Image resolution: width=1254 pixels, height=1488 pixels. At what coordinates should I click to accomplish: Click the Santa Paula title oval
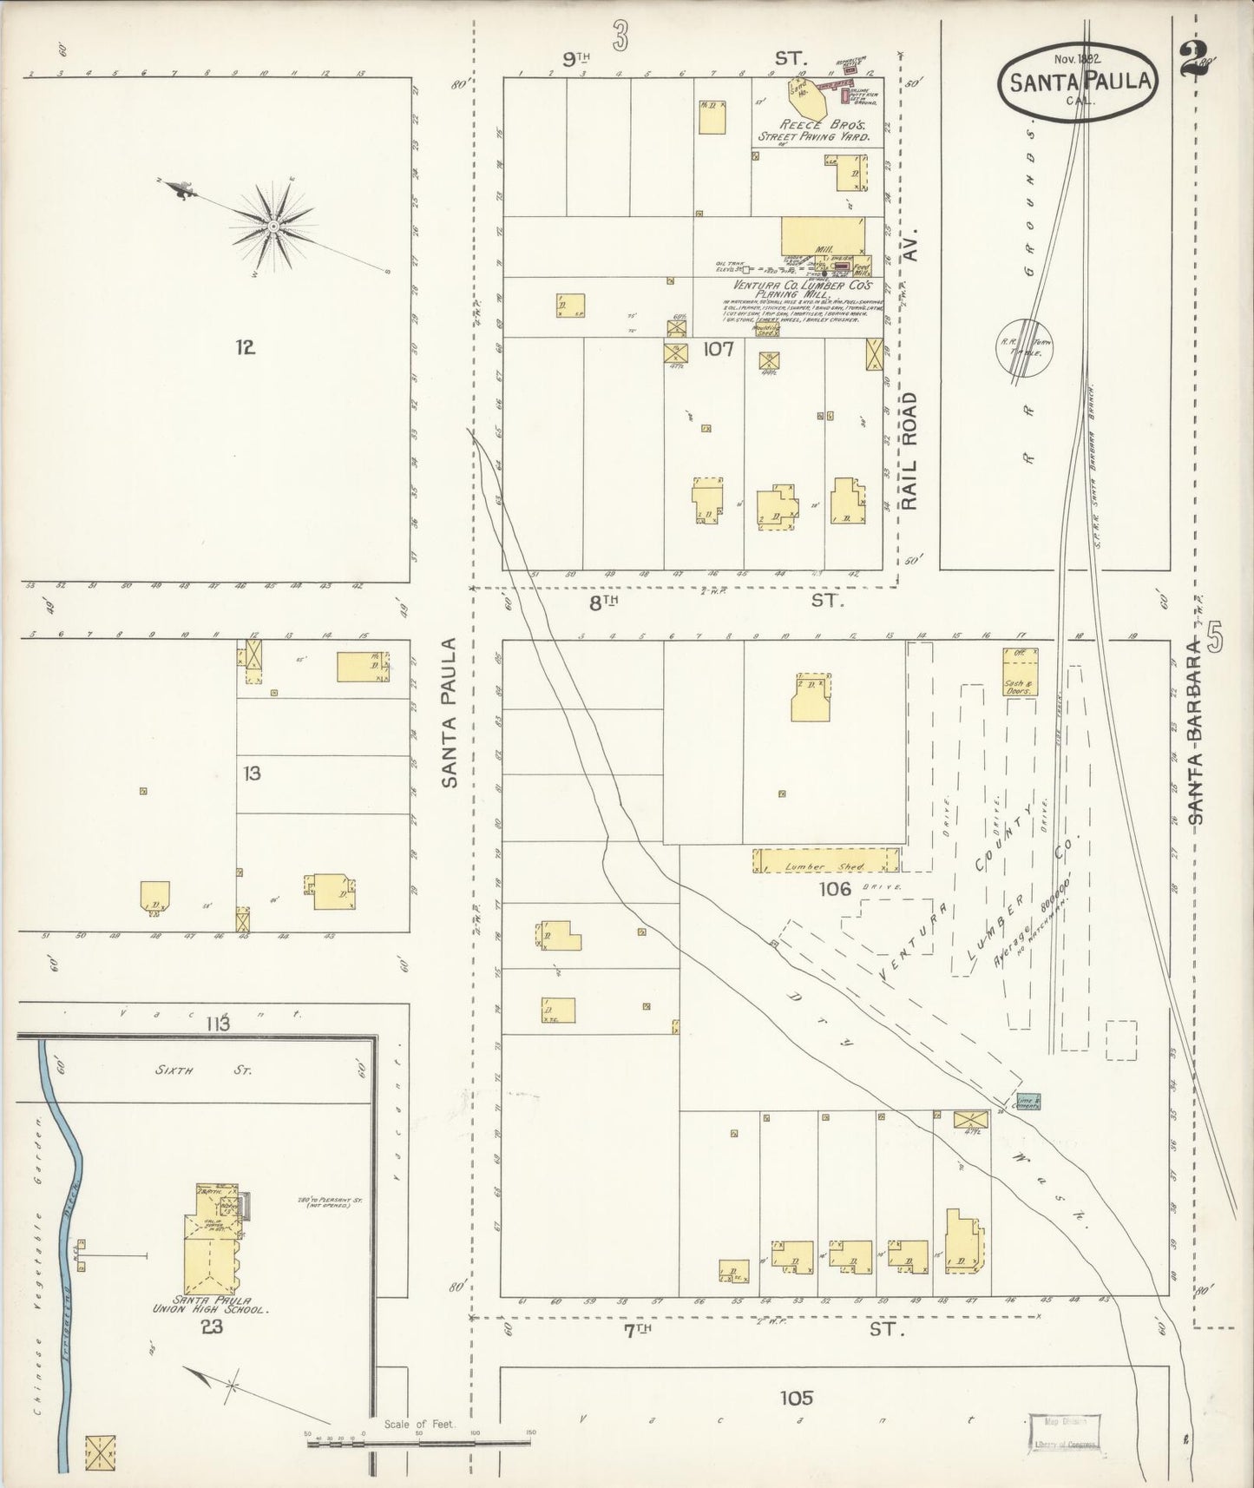[1080, 81]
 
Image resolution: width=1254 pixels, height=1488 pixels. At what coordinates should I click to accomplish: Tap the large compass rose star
[272, 226]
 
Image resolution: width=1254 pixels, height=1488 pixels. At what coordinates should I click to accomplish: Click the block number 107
[719, 350]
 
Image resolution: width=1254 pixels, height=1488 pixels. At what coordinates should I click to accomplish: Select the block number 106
[835, 888]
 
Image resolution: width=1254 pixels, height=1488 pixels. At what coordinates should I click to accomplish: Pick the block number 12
[245, 348]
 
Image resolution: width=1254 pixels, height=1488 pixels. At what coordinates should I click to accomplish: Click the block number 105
[796, 1398]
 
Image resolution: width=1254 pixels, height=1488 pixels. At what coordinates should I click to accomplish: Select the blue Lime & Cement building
[1029, 1102]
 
